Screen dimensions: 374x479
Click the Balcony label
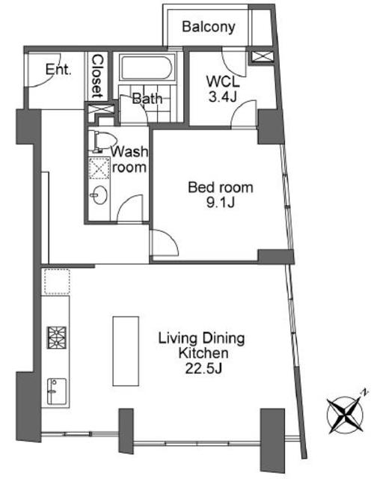tap(209, 27)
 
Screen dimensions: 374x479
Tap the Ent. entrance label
tap(58, 70)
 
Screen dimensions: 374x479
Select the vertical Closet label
tap(98, 76)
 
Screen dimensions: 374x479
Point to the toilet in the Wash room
tap(105, 141)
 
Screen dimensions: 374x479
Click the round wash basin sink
tap(99, 195)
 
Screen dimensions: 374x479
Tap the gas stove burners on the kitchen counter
tap(57, 338)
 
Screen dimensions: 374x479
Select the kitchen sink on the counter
tap(57, 391)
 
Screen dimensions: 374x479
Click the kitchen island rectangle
tap(126, 351)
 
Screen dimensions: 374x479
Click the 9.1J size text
tap(221, 202)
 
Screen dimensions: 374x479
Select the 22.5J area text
tap(203, 369)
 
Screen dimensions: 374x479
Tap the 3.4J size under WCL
tap(223, 97)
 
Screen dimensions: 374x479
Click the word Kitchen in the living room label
tap(203, 353)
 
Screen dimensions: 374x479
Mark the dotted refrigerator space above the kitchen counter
tap(57, 281)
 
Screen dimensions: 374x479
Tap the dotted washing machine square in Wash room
tap(99, 168)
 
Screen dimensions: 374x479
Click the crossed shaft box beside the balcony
tap(263, 57)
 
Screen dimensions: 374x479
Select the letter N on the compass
tap(364, 392)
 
